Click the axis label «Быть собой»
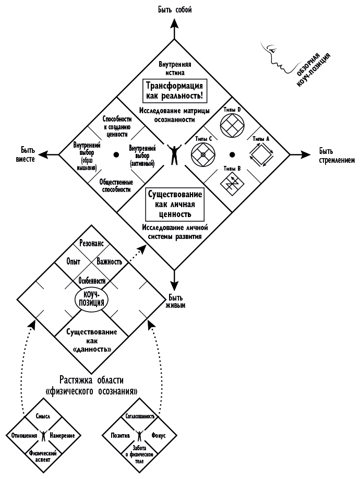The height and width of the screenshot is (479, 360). click(174, 10)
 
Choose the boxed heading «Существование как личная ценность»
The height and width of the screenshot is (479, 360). click(174, 204)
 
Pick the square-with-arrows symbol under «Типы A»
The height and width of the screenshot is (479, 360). click(260, 155)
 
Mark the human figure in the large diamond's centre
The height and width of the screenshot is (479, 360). click(174, 154)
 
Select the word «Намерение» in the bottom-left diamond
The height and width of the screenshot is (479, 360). click(63, 435)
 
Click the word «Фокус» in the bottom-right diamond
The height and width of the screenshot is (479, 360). click(159, 435)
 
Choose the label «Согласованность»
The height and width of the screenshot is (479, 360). click(139, 417)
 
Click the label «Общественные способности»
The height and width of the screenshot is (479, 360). click(116, 186)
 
